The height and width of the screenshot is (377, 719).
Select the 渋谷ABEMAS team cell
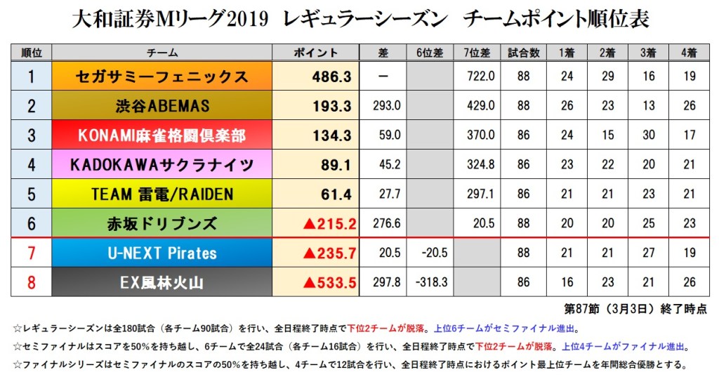click(x=162, y=106)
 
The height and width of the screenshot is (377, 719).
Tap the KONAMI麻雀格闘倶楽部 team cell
click(x=162, y=135)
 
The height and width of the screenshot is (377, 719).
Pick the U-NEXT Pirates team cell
click(x=162, y=253)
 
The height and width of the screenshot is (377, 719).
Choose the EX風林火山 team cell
click(x=162, y=283)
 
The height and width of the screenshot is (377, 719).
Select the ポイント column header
click(x=315, y=53)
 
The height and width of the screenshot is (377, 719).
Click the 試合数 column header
click(x=525, y=53)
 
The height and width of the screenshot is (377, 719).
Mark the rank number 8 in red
click(x=31, y=283)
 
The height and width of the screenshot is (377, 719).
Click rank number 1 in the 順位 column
click(x=31, y=77)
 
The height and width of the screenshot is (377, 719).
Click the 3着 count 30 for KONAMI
click(x=647, y=135)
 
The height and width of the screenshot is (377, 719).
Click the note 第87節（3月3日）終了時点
click(x=636, y=308)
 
